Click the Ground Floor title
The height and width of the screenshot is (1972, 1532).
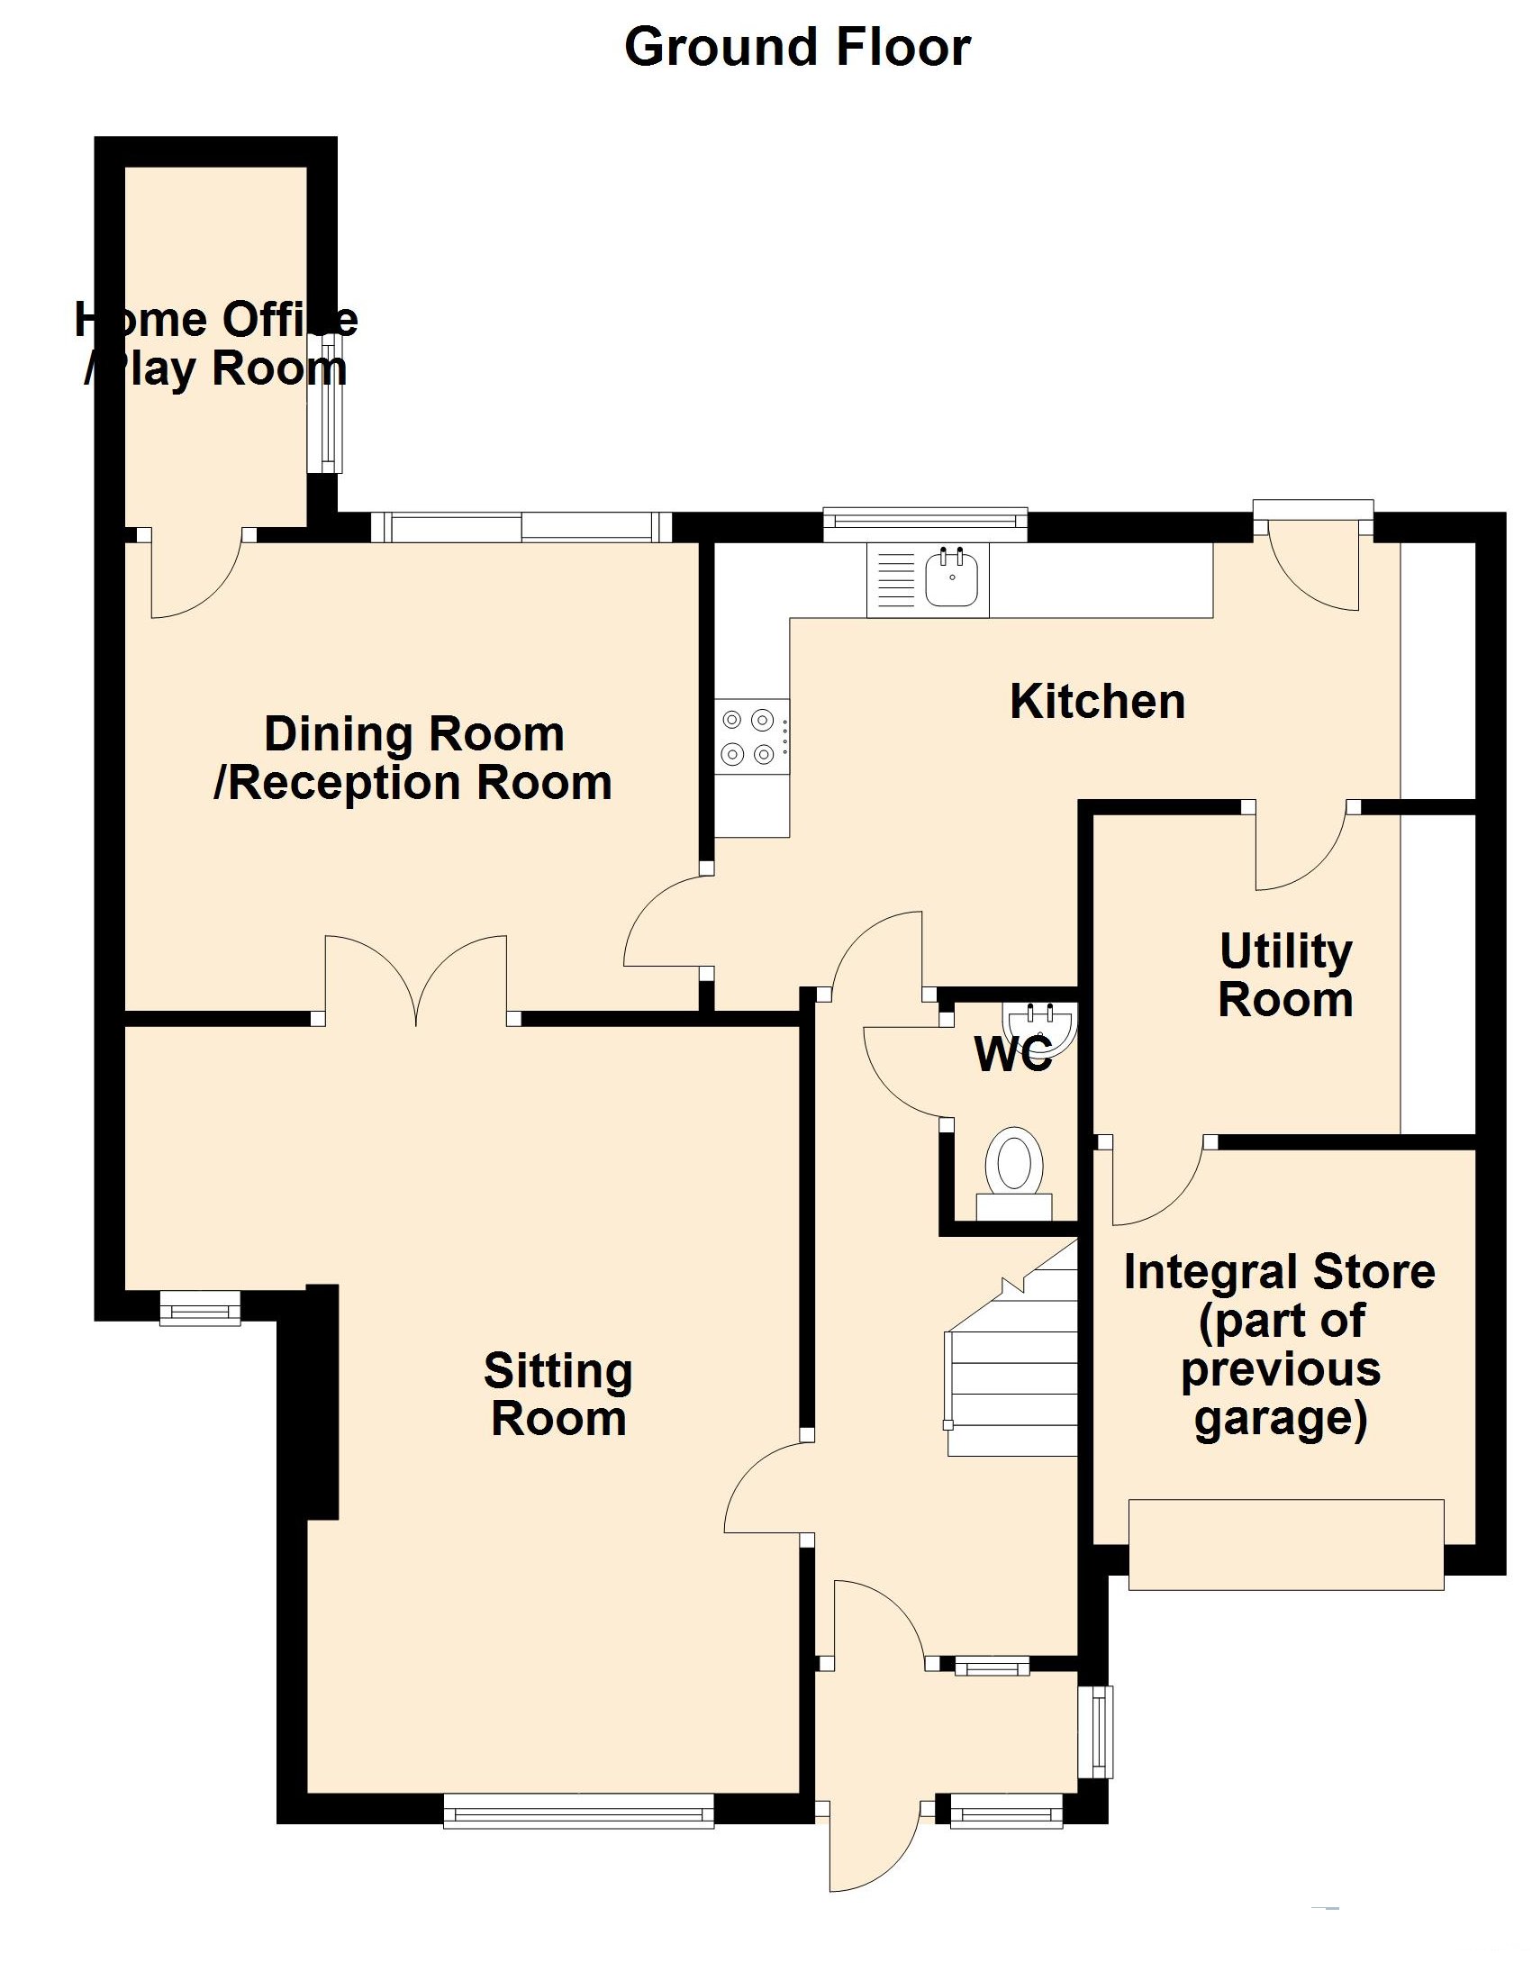[x=796, y=47]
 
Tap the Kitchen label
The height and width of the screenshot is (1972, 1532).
[x=1097, y=702]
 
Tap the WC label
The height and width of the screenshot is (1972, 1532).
[x=1013, y=1054]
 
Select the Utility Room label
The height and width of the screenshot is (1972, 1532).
[x=1284, y=975]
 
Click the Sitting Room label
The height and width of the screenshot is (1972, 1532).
[x=558, y=1395]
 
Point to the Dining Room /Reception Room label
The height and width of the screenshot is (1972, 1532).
[x=413, y=758]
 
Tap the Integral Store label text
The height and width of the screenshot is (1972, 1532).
[x=1279, y=1344]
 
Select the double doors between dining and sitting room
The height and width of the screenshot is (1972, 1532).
[x=415, y=979]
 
